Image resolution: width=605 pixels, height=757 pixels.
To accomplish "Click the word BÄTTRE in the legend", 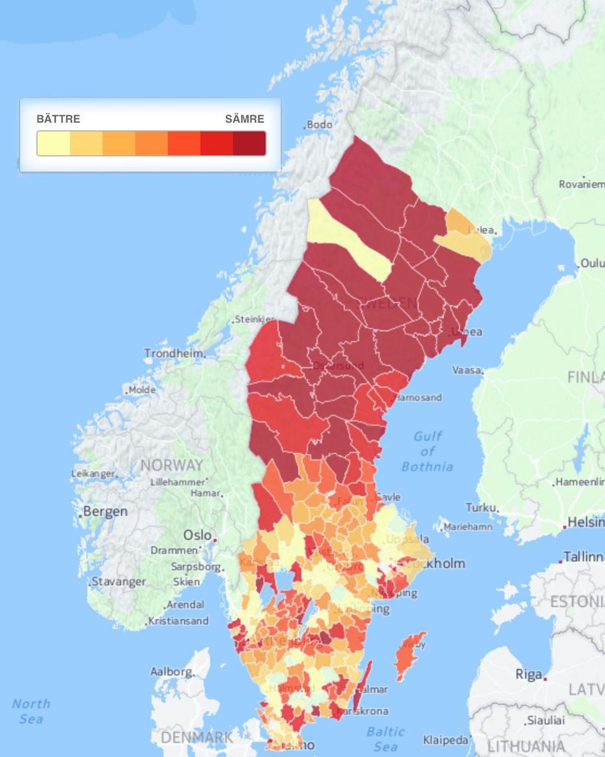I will tap(58, 119).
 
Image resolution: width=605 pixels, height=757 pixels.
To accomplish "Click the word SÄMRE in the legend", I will tap(244, 119).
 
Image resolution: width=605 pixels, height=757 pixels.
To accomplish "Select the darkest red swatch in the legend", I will tap(249, 143).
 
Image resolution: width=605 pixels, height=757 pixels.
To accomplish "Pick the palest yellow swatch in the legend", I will tap(54, 143).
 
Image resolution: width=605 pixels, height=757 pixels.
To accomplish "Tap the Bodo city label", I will tap(319, 125).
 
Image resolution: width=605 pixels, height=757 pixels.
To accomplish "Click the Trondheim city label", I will tap(173, 353).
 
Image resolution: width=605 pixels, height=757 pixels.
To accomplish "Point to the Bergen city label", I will tap(105, 511).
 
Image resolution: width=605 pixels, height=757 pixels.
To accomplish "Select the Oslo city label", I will tap(198, 535).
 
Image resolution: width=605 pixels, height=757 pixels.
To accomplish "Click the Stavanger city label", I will tap(119, 581).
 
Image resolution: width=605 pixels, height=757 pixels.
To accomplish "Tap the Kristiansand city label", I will tap(178, 621).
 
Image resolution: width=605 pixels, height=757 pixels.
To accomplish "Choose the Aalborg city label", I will tap(171, 671).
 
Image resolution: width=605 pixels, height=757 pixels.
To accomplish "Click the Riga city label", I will tap(528, 674).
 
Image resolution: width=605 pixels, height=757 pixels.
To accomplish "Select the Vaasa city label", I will tap(466, 370).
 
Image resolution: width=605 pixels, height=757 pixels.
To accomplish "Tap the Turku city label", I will tap(481, 507).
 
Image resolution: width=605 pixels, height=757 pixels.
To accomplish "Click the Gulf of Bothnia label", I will tap(427, 451).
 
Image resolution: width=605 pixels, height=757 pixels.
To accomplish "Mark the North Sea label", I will tap(31, 711).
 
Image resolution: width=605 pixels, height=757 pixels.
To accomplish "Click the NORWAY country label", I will tap(172, 465).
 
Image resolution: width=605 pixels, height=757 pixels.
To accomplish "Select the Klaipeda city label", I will tap(445, 740).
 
